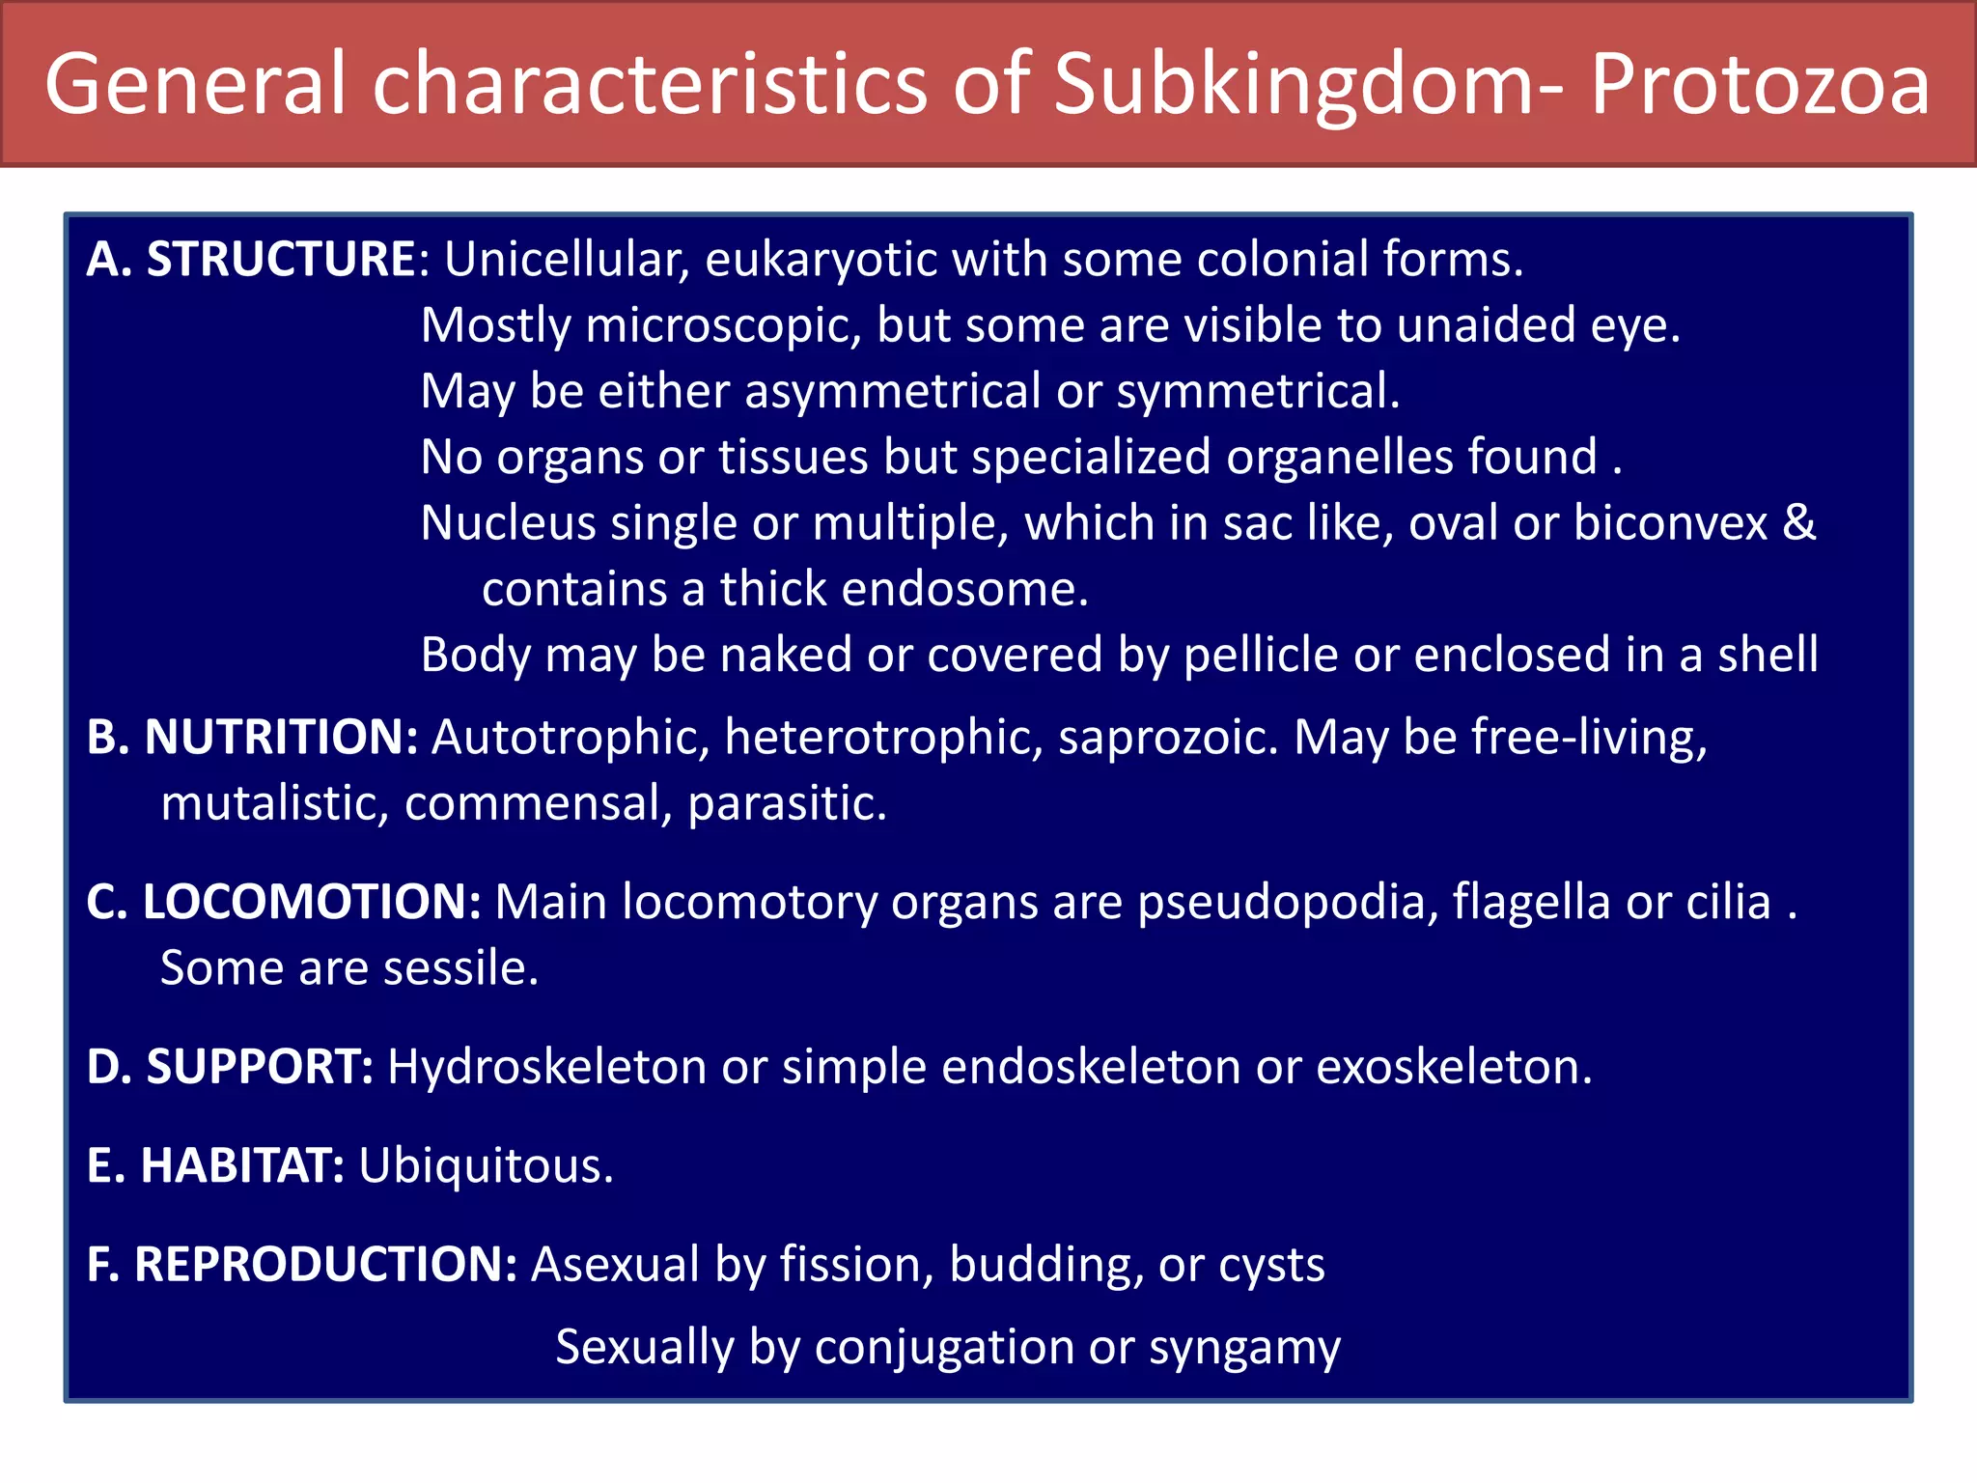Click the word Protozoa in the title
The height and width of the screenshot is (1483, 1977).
[1759, 85]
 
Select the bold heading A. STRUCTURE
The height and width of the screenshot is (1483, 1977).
[251, 259]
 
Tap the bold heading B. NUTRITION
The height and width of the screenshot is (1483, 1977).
[252, 737]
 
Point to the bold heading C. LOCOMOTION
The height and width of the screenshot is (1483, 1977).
[283, 902]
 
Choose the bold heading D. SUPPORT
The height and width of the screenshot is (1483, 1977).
[230, 1067]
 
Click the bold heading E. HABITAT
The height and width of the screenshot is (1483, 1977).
[215, 1165]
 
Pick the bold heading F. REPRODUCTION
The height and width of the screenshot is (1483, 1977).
[302, 1264]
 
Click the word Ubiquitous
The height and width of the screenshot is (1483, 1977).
[486, 1165]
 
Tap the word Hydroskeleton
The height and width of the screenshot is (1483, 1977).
[546, 1067]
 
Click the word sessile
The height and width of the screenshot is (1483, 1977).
[460, 967]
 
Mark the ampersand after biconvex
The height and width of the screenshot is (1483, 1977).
[1798, 522]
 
